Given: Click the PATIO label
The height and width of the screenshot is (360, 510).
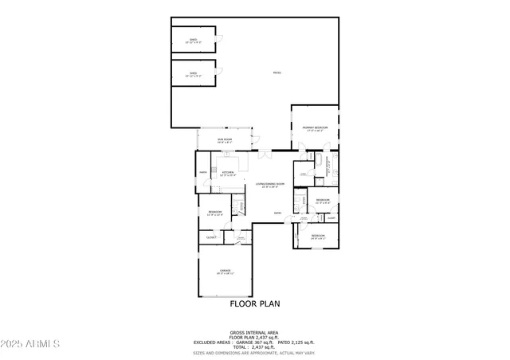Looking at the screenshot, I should click(277, 73).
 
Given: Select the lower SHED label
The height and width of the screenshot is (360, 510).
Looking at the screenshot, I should click(194, 74).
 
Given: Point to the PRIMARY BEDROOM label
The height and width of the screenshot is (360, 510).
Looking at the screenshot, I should click(315, 128).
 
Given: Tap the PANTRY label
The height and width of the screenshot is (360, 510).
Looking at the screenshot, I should click(203, 172).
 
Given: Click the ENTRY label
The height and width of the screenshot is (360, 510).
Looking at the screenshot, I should click(277, 213).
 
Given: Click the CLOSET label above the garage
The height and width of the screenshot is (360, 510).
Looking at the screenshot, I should click(211, 237).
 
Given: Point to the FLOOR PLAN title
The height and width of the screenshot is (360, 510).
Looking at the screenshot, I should click(255, 304).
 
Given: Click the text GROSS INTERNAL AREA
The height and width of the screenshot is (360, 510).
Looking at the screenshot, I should click(255, 332).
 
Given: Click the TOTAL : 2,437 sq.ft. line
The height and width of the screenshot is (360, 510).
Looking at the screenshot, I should click(255, 346).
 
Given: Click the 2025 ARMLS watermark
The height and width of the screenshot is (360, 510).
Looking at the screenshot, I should click(31, 343).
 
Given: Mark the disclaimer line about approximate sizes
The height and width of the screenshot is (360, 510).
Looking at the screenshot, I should click(255, 352).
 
